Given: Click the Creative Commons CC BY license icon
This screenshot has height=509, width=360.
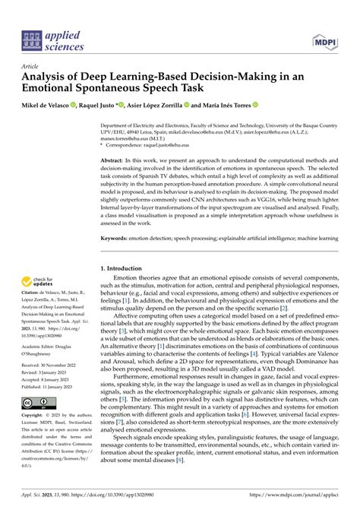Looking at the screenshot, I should (36, 402).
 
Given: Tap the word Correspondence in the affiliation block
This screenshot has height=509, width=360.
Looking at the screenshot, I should (128, 153).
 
